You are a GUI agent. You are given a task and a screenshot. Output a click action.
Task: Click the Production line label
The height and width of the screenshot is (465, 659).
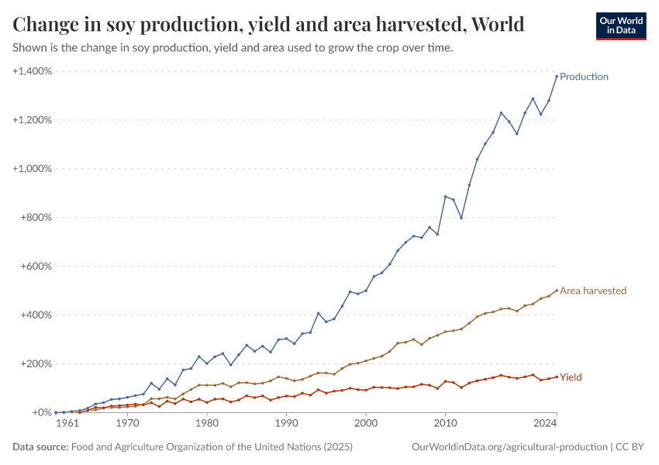[584, 77]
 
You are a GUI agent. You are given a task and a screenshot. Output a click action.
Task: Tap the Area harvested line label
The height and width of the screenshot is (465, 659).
[593, 291]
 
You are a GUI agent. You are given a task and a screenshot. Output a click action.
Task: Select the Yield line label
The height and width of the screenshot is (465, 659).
[571, 377]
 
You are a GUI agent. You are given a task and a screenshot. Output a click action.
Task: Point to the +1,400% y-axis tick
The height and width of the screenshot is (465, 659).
[32, 71]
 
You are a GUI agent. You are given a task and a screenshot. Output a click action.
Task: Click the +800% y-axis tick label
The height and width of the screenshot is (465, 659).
[36, 218]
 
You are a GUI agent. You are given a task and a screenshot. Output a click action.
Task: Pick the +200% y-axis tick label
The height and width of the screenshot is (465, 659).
[36, 363]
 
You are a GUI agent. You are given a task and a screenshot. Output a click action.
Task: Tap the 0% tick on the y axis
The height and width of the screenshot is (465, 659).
[43, 412]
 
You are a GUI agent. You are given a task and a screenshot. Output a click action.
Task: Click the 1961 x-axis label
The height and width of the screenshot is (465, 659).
[67, 425]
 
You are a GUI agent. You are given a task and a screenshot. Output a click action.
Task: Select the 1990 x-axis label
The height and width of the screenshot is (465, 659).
[286, 425]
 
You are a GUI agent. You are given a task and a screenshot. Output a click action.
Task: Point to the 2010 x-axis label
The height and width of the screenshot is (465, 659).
[445, 425]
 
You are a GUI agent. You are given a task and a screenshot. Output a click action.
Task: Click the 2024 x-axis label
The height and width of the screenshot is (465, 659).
[546, 425]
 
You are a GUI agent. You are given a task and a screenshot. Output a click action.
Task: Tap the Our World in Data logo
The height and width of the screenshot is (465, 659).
[620, 26]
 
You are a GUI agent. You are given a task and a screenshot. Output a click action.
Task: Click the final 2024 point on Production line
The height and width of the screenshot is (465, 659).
[557, 76]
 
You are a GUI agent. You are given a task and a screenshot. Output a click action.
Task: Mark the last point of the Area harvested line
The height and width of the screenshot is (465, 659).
[557, 291]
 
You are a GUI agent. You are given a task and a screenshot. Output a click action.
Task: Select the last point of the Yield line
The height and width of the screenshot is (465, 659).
[557, 377]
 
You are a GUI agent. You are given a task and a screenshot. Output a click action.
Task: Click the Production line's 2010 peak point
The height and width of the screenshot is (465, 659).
[445, 197]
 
